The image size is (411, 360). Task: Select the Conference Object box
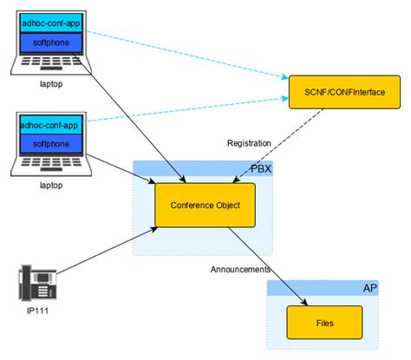coord(204,206)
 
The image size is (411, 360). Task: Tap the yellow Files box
coord(325,323)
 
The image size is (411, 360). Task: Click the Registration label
coord(249,142)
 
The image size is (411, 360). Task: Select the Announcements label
coord(240,270)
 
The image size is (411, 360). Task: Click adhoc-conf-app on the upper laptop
coord(50,24)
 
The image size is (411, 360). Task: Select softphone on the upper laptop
coord(50,43)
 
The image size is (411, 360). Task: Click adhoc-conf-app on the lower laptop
coord(50,126)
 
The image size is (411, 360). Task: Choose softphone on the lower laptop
coord(50,144)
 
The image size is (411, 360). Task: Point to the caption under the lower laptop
coord(50,186)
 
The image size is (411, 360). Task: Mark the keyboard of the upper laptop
coord(50,64)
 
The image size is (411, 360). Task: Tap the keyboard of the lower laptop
coord(50,166)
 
